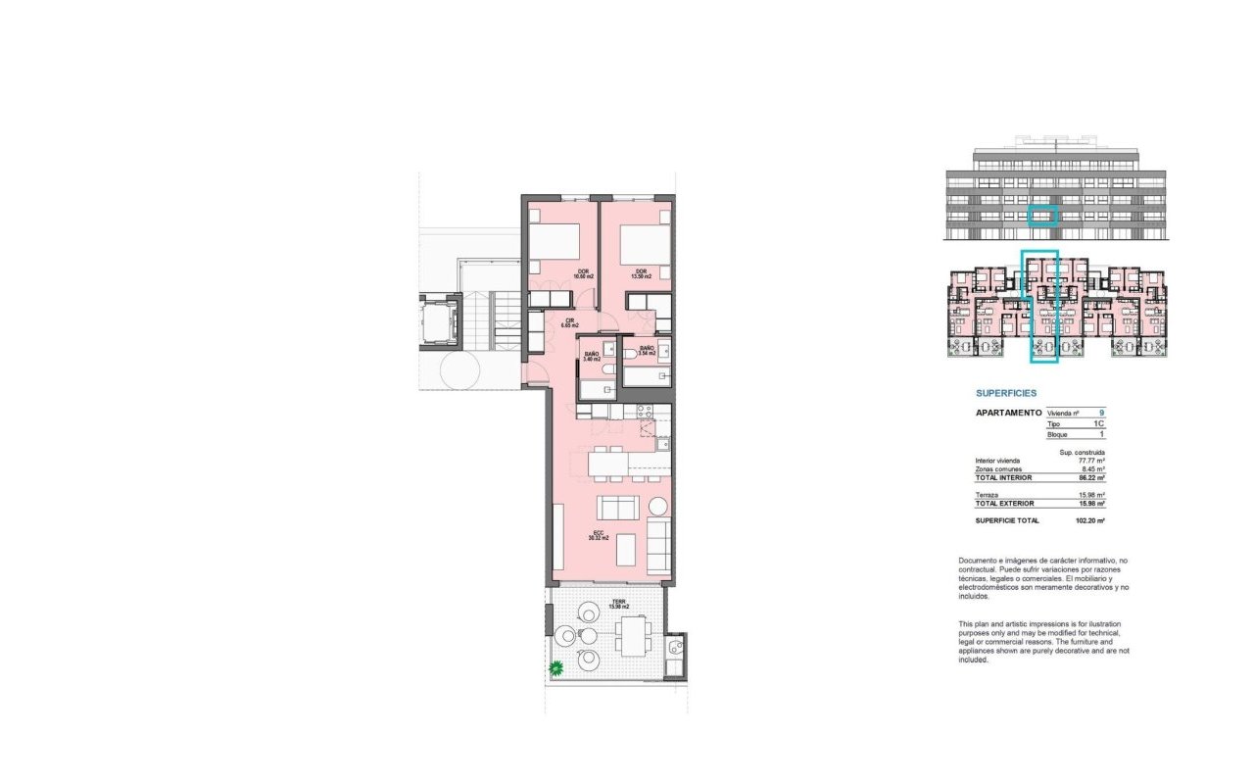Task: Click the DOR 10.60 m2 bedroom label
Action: tap(555, 274)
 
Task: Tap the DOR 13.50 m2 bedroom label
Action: tap(642, 274)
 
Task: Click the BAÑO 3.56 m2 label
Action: tap(648, 350)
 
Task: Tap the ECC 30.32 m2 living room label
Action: tap(599, 535)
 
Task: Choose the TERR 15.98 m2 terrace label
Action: tap(618, 605)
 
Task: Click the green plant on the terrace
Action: tap(556, 669)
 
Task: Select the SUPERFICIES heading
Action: tap(1005, 393)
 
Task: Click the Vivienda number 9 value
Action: tap(1101, 414)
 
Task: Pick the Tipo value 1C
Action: tap(1099, 423)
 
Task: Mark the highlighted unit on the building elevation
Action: tap(1044, 217)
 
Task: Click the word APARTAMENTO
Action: tap(1008, 414)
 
